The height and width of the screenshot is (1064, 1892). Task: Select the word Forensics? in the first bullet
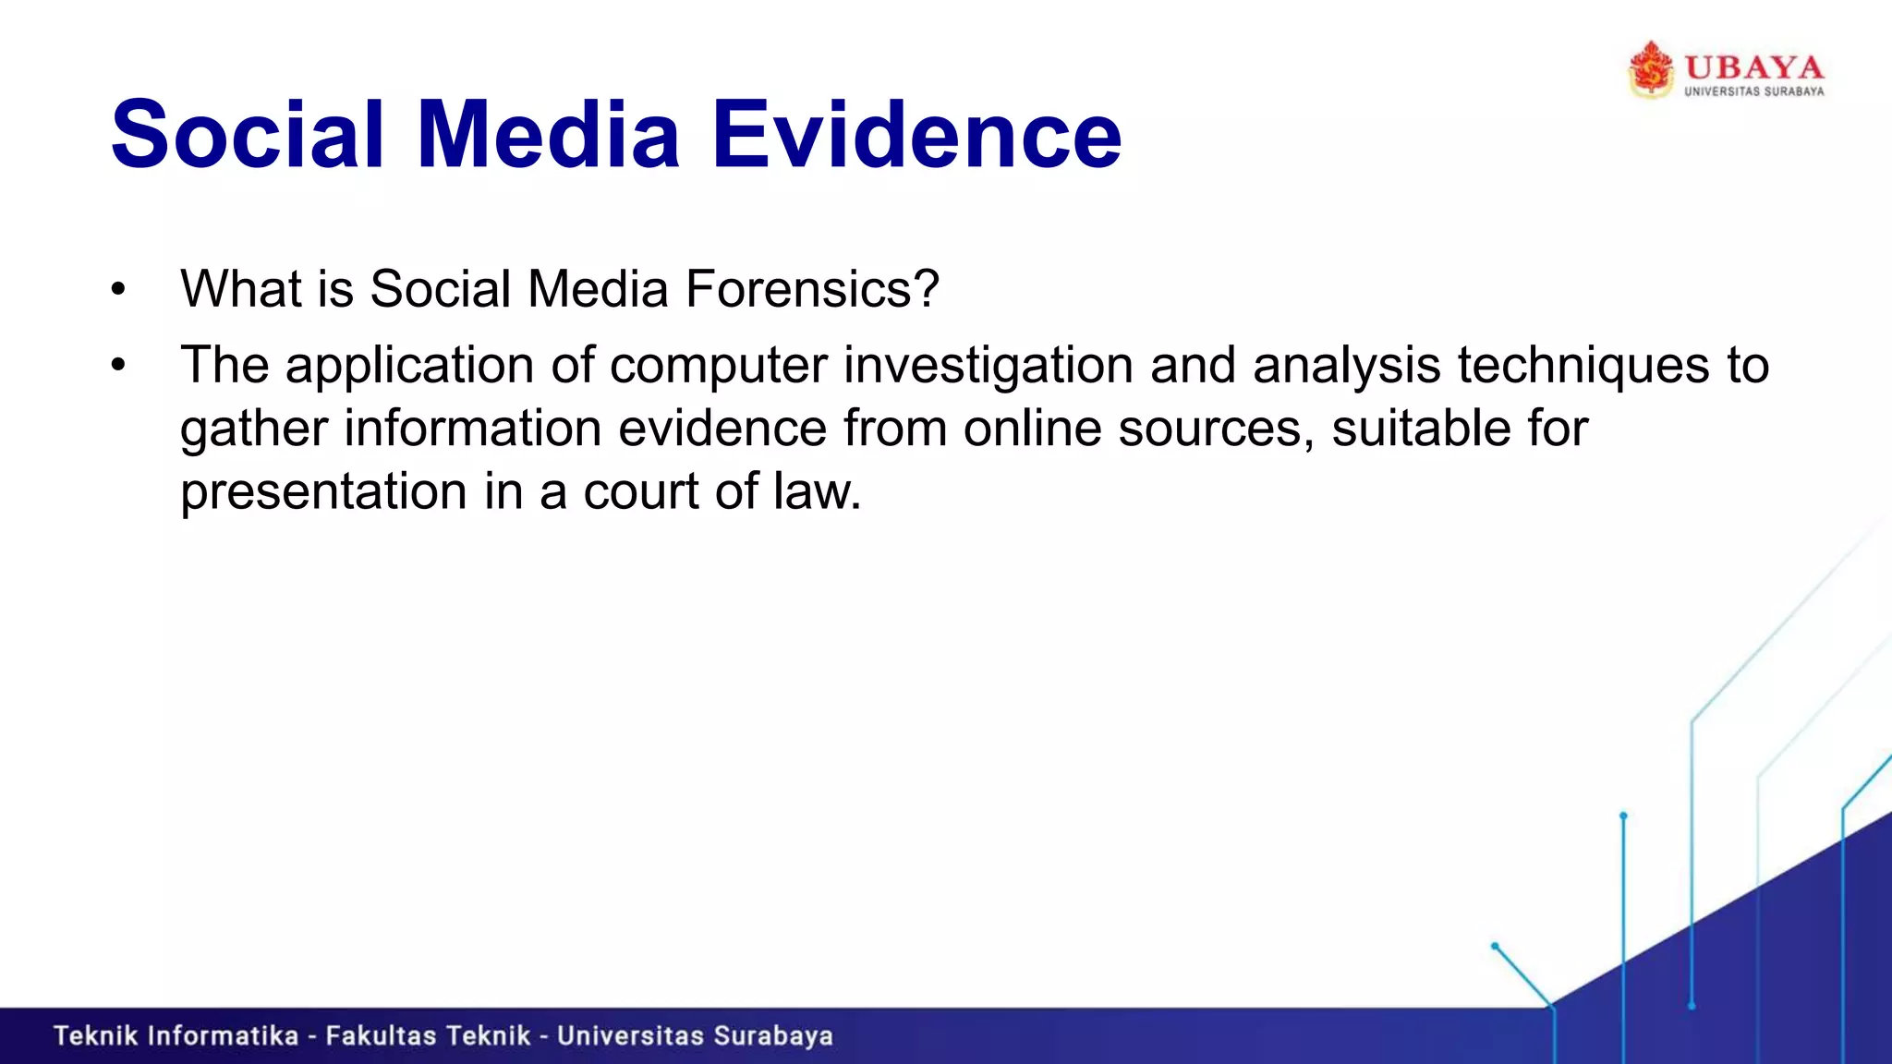(x=812, y=289)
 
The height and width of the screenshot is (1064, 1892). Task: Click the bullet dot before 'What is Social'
(x=117, y=290)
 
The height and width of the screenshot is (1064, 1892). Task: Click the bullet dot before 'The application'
(x=117, y=366)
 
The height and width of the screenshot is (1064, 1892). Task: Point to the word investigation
(x=988, y=366)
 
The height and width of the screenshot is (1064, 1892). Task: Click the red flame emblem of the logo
(x=1650, y=69)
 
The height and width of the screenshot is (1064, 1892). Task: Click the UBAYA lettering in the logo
(x=1753, y=67)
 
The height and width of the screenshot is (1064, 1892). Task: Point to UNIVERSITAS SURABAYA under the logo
(x=1753, y=91)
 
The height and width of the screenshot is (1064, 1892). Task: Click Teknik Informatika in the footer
(x=176, y=1036)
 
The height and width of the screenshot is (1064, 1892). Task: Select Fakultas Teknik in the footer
(x=428, y=1036)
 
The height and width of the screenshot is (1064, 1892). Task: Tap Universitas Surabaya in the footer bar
(x=695, y=1036)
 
